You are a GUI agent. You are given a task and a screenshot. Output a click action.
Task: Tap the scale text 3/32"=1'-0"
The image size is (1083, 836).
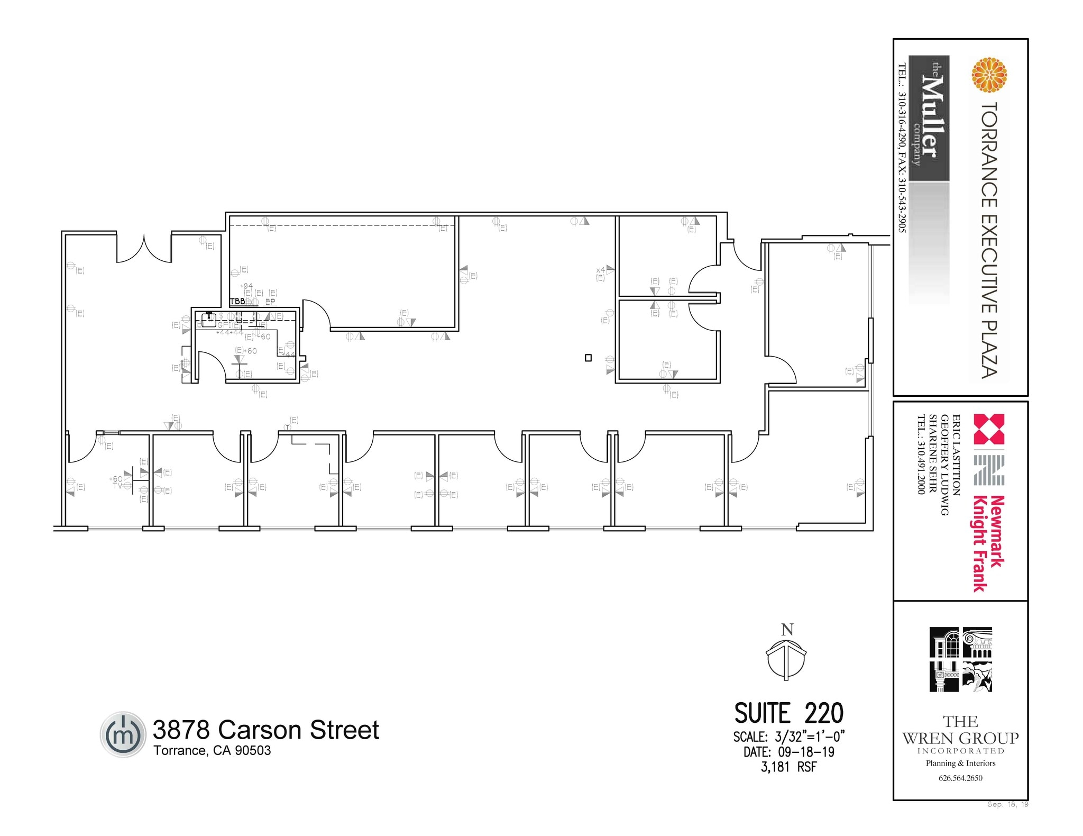coord(810,737)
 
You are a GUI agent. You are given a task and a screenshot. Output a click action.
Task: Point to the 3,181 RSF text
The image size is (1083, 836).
coord(788,767)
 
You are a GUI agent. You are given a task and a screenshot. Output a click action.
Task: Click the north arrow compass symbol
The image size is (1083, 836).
coord(786,659)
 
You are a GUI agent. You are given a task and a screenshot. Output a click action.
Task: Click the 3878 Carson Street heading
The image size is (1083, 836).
coord(265,730)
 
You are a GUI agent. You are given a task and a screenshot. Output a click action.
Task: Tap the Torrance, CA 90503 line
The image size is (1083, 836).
coord(212,751)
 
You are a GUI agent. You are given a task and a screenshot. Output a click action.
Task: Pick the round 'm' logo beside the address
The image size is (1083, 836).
coord(123,734)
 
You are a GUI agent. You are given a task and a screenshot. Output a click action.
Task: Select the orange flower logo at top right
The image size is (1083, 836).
coord(989,75)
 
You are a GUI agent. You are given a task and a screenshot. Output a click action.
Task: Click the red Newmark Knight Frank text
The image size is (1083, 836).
coord(988,542)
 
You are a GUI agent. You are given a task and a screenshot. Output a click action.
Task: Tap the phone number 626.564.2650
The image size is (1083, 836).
coord(960,778)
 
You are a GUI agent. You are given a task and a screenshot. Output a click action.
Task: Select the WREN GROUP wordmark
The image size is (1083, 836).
coord(960,738)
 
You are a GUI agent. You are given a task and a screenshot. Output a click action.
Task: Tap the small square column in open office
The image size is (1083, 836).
coord(588,358)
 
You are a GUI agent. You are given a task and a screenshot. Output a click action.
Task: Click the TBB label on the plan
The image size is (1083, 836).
coord(237,301)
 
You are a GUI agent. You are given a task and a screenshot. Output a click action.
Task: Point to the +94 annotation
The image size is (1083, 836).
coord(246,286)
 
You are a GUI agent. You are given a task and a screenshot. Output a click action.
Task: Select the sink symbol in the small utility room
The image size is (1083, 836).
coord(208,319)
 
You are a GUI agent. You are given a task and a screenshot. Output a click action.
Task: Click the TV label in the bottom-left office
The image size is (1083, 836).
coord(117,485)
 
